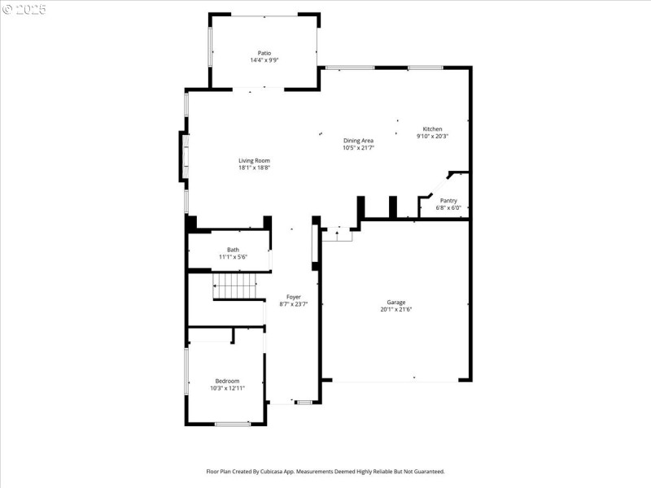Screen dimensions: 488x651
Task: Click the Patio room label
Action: [x=264, y=53]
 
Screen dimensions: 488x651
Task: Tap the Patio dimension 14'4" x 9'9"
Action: [x=264, y=60]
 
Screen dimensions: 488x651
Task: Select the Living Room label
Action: [x=254, y=160]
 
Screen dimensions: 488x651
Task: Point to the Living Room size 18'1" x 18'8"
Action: [x=254, y=168]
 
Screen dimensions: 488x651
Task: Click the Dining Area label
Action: [x=358, y=141]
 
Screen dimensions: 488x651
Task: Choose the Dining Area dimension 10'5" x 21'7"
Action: [x=358, y=148]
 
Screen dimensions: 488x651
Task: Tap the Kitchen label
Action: [x=432, y=129]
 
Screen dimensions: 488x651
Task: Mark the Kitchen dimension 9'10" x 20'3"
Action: [x=432, y=137]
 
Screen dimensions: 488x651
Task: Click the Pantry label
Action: [x=448, y=200]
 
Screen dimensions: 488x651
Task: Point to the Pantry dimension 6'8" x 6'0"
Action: [x=448, y=207]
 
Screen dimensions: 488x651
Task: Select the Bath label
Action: [x=233, y=250]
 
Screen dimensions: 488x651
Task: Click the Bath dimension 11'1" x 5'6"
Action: [x=233, y=257]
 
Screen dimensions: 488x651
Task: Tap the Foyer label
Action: [x=293, y=297]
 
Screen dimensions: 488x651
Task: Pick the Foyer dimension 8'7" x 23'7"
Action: [x=293, y=304]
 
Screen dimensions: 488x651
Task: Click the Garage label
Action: [x=396, y=302]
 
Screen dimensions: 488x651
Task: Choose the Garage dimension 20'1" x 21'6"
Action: [x=396, y=309]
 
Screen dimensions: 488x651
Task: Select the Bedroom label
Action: [x=227, y=381]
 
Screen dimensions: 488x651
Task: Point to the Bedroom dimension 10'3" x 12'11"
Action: [x=227, y=388]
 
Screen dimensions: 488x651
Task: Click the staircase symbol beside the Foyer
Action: [x=234, y=286]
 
